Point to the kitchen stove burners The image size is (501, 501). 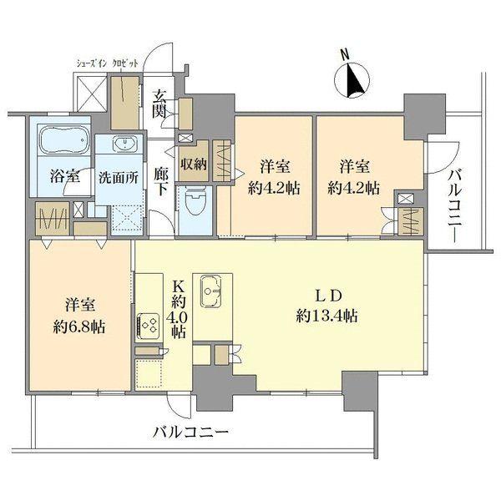point(151,323)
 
